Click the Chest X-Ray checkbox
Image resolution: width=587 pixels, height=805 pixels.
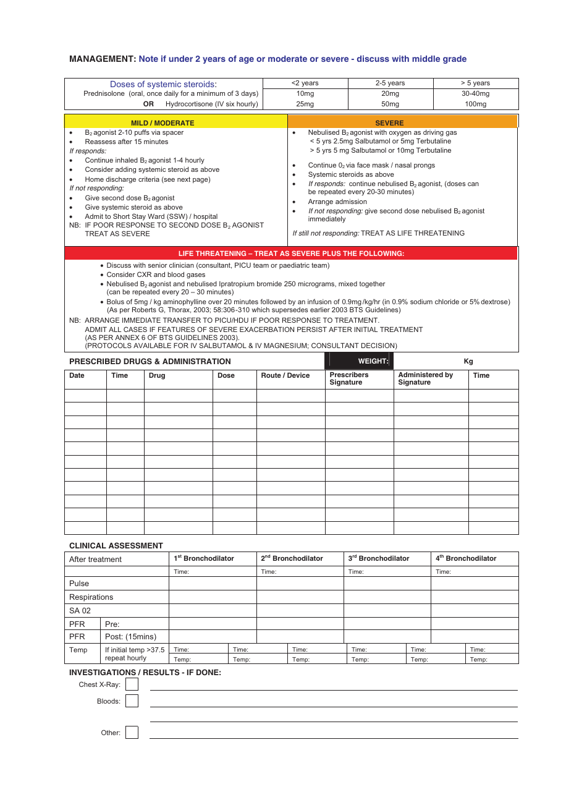click(132, 684)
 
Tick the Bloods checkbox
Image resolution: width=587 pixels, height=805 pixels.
click(132, 701)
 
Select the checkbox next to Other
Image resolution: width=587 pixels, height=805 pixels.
click(132, 733)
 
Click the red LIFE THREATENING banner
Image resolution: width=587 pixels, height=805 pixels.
click(291, 253)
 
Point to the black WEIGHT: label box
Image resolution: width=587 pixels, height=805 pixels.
click(359, 361)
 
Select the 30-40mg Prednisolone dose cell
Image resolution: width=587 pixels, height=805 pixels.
click(475, 93)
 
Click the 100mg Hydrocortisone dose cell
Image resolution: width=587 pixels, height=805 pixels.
click(475, 104)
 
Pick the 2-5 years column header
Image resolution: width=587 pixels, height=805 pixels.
click(390, 83)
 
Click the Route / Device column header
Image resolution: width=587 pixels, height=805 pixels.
click(285, 375)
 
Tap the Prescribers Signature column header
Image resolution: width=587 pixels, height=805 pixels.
click(348, 378)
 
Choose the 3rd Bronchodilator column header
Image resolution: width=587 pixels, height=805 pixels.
click(379, 558)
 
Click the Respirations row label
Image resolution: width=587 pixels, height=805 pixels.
click(91, 597)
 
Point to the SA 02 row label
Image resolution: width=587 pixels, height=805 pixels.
click(80, 611)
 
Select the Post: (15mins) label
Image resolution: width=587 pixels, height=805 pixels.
click(130, 637)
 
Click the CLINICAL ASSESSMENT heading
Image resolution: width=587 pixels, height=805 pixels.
click(116, 546)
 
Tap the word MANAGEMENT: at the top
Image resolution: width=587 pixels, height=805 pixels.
click(103, 59)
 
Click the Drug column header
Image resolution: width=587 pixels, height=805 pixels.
click(157, 375)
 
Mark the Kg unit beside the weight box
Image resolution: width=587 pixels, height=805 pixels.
click(468, 361)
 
